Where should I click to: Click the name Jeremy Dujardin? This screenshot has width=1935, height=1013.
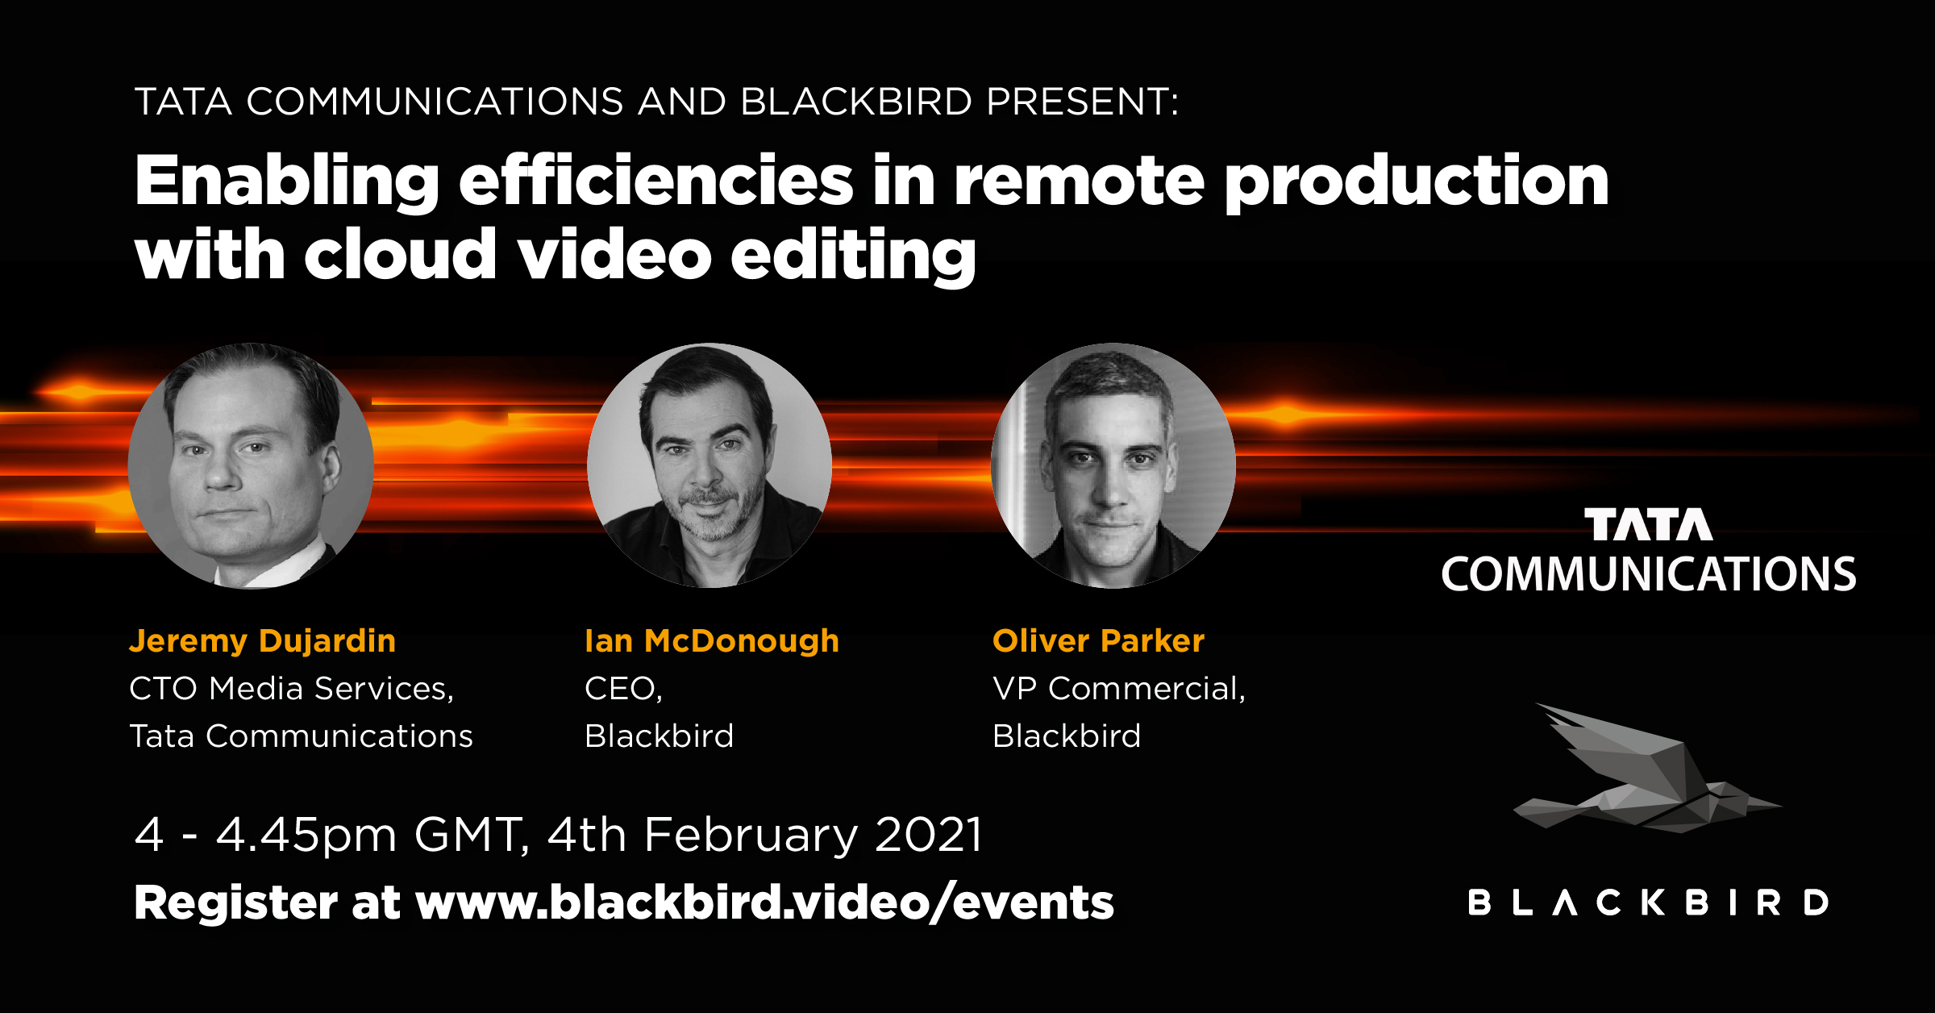(263, 642)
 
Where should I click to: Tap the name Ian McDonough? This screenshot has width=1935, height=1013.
(712, 642)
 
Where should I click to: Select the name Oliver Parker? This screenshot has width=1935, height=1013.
(1098, 641)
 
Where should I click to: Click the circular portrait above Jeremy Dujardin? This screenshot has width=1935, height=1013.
(251, 465)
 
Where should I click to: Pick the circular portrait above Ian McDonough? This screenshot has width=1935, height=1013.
(709, 465)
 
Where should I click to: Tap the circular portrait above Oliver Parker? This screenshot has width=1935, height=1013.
(1113, 465)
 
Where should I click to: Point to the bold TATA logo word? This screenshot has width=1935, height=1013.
(1649, 524)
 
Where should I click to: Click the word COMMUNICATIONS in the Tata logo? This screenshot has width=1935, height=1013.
(1649, 574)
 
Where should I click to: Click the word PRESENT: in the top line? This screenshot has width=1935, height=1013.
(1083, 102)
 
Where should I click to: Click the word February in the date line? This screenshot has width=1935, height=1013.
(751, 835)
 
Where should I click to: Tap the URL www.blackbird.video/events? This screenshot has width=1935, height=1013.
(764, 903)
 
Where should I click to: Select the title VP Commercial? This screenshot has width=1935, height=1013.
(1119, 689)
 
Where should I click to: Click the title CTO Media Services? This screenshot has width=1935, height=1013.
(292, 689)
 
